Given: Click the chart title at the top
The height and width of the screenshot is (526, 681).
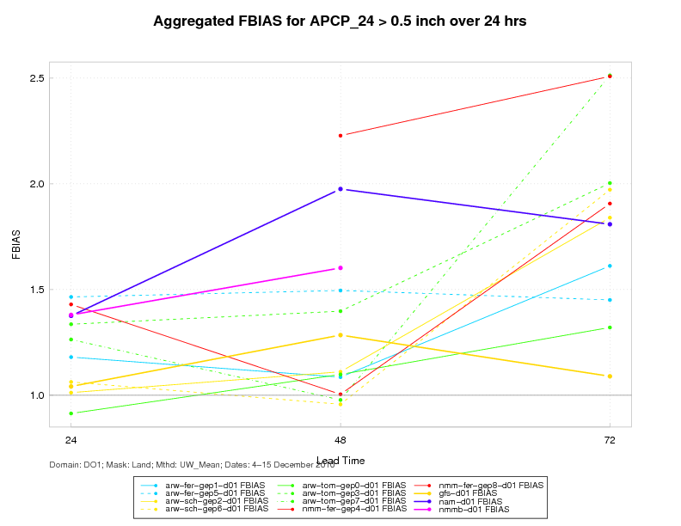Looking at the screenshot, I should [340, 21].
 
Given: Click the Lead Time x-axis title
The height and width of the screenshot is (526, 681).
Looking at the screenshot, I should [340, 460].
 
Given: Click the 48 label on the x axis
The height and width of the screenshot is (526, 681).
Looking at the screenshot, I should [340, 439].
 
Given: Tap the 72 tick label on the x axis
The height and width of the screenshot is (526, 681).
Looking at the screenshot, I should [610, 439].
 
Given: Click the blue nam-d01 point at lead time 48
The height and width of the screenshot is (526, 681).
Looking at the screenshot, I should [340, 189].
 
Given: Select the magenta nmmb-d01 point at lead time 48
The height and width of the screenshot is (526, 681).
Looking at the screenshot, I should [340, 268].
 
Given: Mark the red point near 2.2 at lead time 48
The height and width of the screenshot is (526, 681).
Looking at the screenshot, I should [340, 135].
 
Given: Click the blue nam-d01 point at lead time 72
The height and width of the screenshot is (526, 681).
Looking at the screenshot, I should [610, 224].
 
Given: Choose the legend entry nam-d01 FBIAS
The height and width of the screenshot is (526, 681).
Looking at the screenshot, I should [478, 501].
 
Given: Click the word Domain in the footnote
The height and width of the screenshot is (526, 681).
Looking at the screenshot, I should [67, 465].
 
